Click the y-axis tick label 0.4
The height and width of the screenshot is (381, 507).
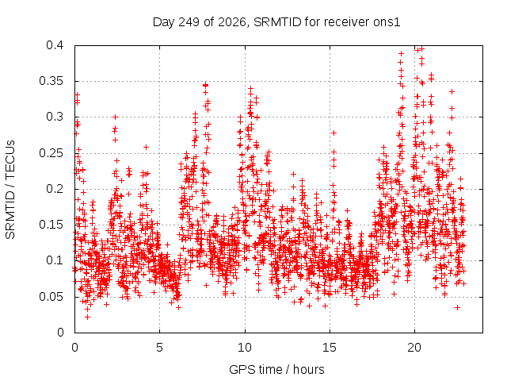[55, 45]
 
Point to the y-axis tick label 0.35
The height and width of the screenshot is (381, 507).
[51, 81]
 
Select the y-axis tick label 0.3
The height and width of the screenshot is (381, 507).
[55, 117]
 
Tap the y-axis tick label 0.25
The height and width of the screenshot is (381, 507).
[51, 153]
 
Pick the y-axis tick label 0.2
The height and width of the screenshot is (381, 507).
[55, 189]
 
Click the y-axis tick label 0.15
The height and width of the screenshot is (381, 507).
[51, 225]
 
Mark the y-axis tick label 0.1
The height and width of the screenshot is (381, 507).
[55, 260]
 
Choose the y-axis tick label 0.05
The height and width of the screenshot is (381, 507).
[51, 296]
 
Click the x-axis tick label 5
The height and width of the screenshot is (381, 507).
[159, 348]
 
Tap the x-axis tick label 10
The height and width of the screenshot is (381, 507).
[245, 348]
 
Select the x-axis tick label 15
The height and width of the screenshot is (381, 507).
[330, 348]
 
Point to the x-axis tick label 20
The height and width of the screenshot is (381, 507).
[414, 348]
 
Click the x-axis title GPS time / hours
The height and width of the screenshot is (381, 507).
[276, 370]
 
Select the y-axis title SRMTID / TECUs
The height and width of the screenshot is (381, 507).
[10, 190]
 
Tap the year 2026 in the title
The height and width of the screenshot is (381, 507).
[232, 22]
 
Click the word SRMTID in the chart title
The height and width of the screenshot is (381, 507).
[277, 22]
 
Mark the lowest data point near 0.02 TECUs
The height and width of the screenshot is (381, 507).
[87, 317]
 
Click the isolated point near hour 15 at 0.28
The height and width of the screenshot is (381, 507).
[334, 133]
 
